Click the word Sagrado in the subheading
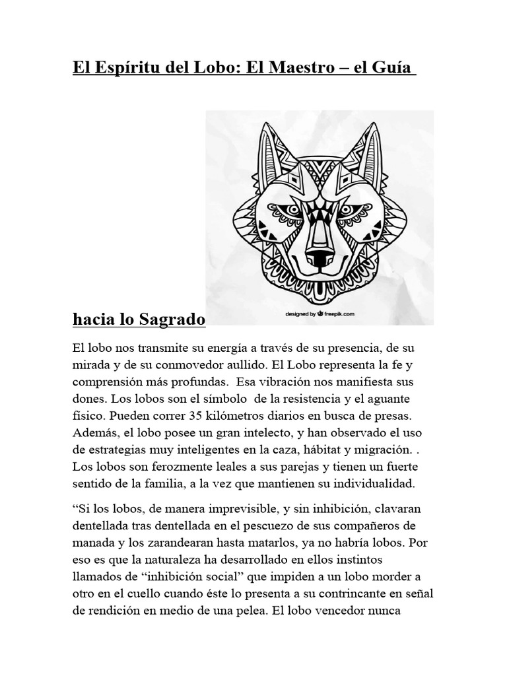pos(172,320)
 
